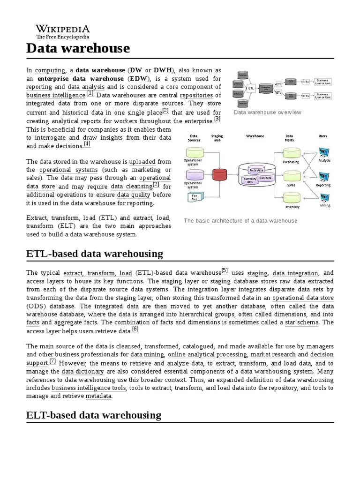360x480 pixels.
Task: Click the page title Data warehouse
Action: click(78, 48)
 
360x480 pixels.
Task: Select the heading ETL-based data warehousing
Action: click(95, 254)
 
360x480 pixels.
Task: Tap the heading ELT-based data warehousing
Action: click(94, 415)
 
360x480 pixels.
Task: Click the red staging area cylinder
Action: click(219, 174)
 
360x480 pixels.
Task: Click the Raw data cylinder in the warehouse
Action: click(266, 178)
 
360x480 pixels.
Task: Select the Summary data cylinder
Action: click(249, 180)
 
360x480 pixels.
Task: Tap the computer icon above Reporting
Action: click(323, 176)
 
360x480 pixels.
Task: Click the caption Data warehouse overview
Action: click(268, 112)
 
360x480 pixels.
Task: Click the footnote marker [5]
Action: click(225, 270)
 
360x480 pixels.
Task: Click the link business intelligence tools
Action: click(89, 388)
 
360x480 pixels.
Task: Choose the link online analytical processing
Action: click(207, 354)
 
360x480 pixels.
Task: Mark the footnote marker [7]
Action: click(52, 361)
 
